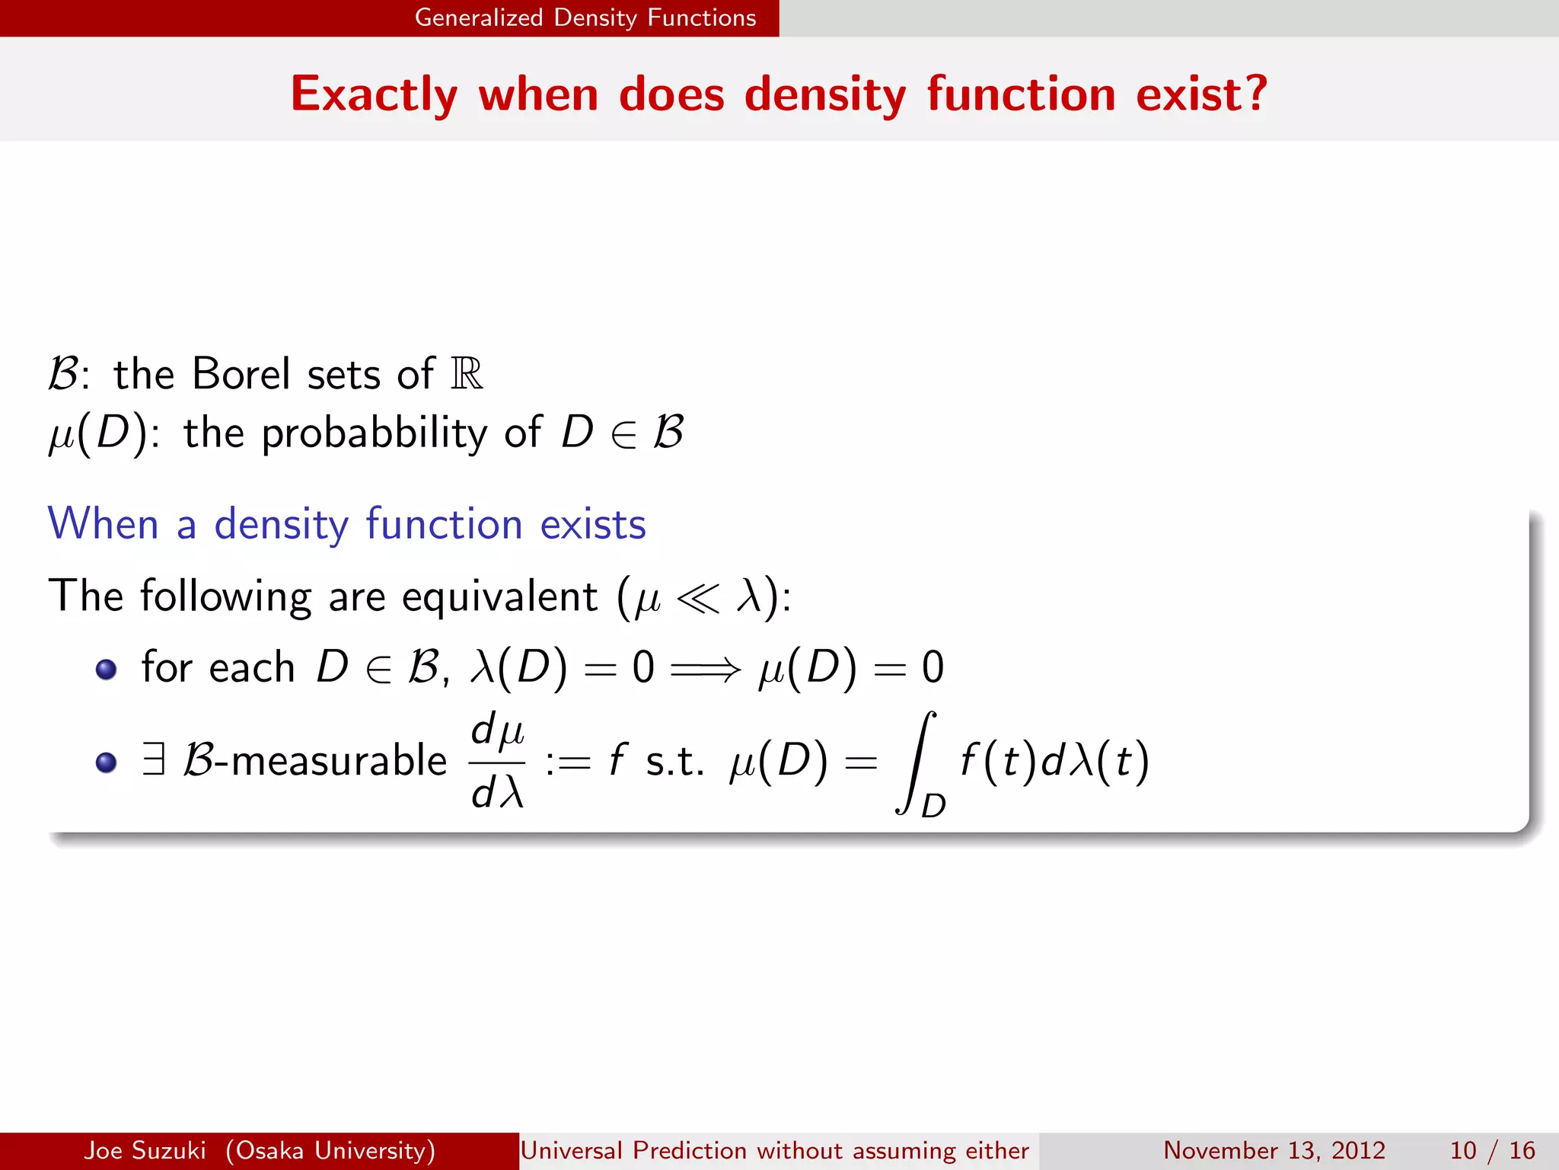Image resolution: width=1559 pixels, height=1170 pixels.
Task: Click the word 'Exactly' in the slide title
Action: [x=374, y=95]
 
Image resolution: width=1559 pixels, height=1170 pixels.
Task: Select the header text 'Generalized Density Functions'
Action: [x=585, y=18]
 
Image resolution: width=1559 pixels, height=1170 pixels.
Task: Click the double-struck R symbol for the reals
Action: [x=467, y=374]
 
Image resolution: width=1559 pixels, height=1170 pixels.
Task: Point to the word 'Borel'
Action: [x=241, y=374]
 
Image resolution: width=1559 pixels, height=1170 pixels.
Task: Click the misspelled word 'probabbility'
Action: [x=374, y=433]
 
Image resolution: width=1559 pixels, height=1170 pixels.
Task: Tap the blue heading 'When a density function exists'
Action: [x=346, y=524]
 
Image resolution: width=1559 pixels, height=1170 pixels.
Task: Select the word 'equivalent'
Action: [x=499, y=596]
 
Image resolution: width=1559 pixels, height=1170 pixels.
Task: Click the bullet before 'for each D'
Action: [x=106, y=669]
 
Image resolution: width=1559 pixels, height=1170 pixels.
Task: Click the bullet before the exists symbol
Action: [x=106, y=762]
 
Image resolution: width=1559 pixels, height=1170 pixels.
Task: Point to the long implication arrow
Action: [x=705, y=670]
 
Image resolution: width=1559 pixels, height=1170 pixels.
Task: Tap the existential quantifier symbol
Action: [x=154, y=760]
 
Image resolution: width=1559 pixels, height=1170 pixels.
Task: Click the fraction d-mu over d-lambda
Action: [x=498, y=760]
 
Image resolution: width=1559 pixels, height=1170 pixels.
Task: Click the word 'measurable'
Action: [x=339, y=761]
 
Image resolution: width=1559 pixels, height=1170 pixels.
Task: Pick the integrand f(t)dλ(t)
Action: [x=1054, y=761]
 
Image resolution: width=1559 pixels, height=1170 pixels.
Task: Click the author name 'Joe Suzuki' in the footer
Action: [x=145, y=1150]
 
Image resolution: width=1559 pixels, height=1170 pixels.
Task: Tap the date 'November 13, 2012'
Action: [x=1274, y=1150]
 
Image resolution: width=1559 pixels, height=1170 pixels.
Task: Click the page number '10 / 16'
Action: [x=1492, y=1150]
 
